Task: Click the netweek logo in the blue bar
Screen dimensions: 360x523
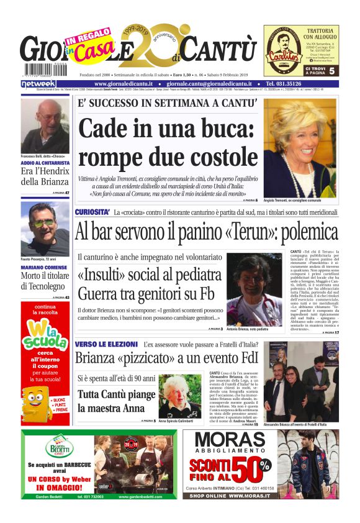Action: tap(38, 83)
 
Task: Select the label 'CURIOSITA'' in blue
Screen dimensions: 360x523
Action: tap(93, 212)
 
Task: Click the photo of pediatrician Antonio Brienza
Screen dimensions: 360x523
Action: tap(254, 289)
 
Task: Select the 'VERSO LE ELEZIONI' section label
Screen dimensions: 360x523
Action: tap(106, 343)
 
